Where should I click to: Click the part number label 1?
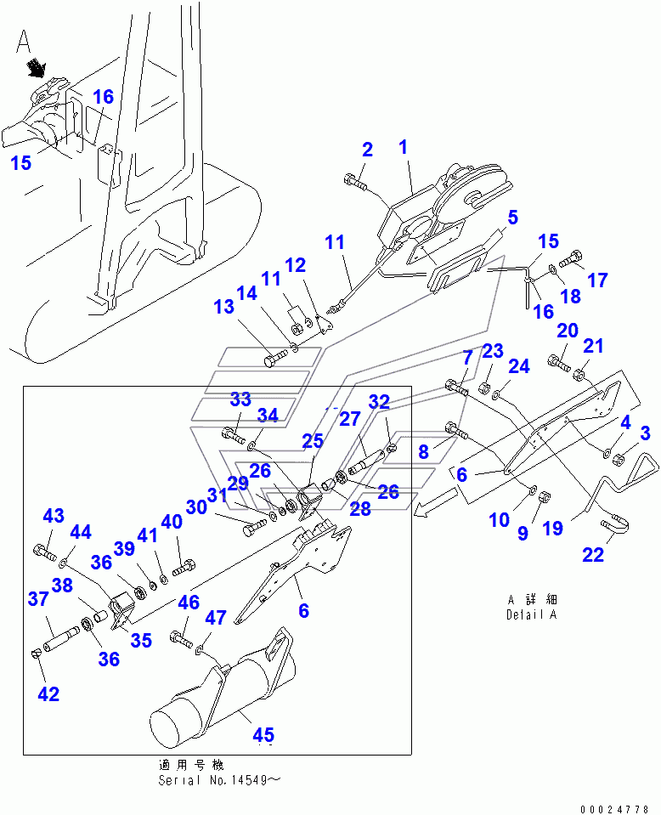pos(403,147)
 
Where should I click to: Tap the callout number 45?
pos(263,734)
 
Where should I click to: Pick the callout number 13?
pos(223,307)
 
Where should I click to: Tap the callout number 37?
pos(37,600)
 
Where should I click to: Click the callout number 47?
pos(216,619)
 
